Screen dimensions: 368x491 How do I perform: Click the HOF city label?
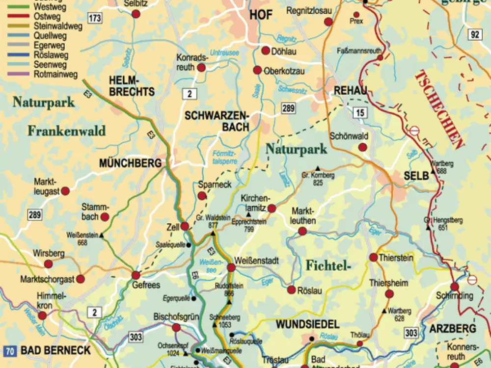pyautogui.click(x=260, y=15)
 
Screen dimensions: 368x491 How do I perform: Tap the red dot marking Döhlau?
pyautogui.click(x=266, y=51)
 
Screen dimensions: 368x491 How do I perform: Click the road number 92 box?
pyautogui.click(x=474, y=34)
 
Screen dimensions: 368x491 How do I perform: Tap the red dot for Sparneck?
pyautogui.click(x=202, y=196)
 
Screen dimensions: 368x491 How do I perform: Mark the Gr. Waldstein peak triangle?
pyautogui.click(x=213, y=234)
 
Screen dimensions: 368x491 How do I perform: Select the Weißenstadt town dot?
pyautogui.click(x=231, y=267)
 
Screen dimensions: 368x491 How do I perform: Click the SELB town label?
pyautogui.click(x=416, y=175)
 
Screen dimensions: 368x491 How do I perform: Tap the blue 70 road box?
pyautogui.click(x=9, y=351)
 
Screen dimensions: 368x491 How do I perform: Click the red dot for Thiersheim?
pyautogui.click(x=389, y=294)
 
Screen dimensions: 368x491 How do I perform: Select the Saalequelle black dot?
pyautogui.click(x=189, y=244)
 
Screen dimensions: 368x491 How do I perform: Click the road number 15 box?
pyautogui.click(x=360, y=113)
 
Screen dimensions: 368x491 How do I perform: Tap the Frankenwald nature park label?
pyautogui.click(x=66, y=131)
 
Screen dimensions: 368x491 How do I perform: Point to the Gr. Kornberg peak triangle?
pyautogui.click(x=317, y=168)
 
